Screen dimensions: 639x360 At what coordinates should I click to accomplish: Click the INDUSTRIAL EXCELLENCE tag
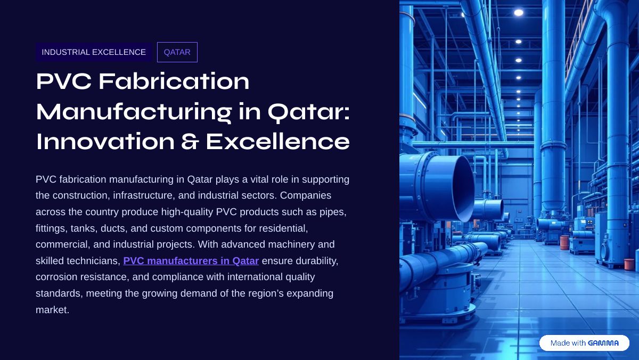tap(94, 52)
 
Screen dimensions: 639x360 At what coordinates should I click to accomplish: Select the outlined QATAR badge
tap(177, 52)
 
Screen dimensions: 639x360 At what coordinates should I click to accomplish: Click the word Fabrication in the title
tap(174, 81)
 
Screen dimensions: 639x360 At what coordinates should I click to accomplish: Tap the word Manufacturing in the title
tap(134, 112)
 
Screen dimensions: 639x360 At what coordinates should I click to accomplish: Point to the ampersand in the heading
tap(190, 142)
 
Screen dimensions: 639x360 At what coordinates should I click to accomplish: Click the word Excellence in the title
tap(277, 142)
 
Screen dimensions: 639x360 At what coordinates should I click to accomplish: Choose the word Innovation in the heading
tap(105, 142)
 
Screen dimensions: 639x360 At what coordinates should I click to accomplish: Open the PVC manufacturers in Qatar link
tap(191, 261)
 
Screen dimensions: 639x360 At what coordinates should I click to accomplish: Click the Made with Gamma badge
tap(584, 343)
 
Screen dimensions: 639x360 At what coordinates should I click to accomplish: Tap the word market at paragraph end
tap(52, 310)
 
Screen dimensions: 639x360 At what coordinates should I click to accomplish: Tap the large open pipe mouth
tap(462, 189)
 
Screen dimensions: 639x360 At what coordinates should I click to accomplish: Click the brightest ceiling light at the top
tap(519, 13)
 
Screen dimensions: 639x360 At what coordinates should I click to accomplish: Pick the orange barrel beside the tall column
tap(564, 242)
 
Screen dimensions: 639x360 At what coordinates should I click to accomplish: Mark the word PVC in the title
tap(63, 81)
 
